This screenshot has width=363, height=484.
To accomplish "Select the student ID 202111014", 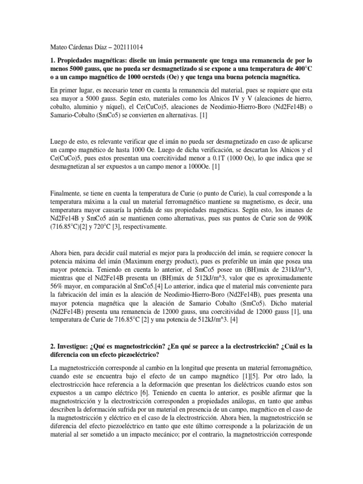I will click(x=127, y=47).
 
